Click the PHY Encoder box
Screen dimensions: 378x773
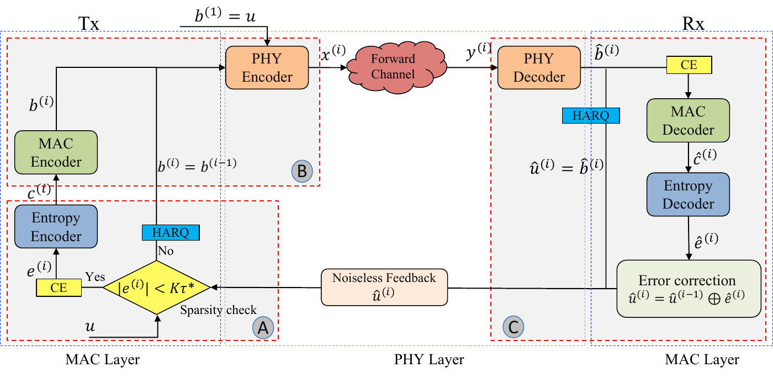[267, 67]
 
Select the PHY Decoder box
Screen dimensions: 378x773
[539, 67]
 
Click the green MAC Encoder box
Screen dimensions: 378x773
[56, 153]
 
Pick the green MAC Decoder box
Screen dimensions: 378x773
[688, 121]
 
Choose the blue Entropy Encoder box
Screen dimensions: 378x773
[56, 227]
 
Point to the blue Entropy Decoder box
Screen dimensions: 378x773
[688, 194]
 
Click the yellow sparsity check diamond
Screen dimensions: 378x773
[157, 287]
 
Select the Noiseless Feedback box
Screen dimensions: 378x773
[384, 287]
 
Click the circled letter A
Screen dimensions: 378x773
[263, 328]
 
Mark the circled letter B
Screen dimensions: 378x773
[302, 171]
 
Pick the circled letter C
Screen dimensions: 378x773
[513, 327]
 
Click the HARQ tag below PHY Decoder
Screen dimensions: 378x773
[591, 115]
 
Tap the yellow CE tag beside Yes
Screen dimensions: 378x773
[59, 287]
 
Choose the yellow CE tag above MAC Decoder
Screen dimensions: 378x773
[689, 65]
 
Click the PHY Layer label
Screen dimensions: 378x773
[429, 360]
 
